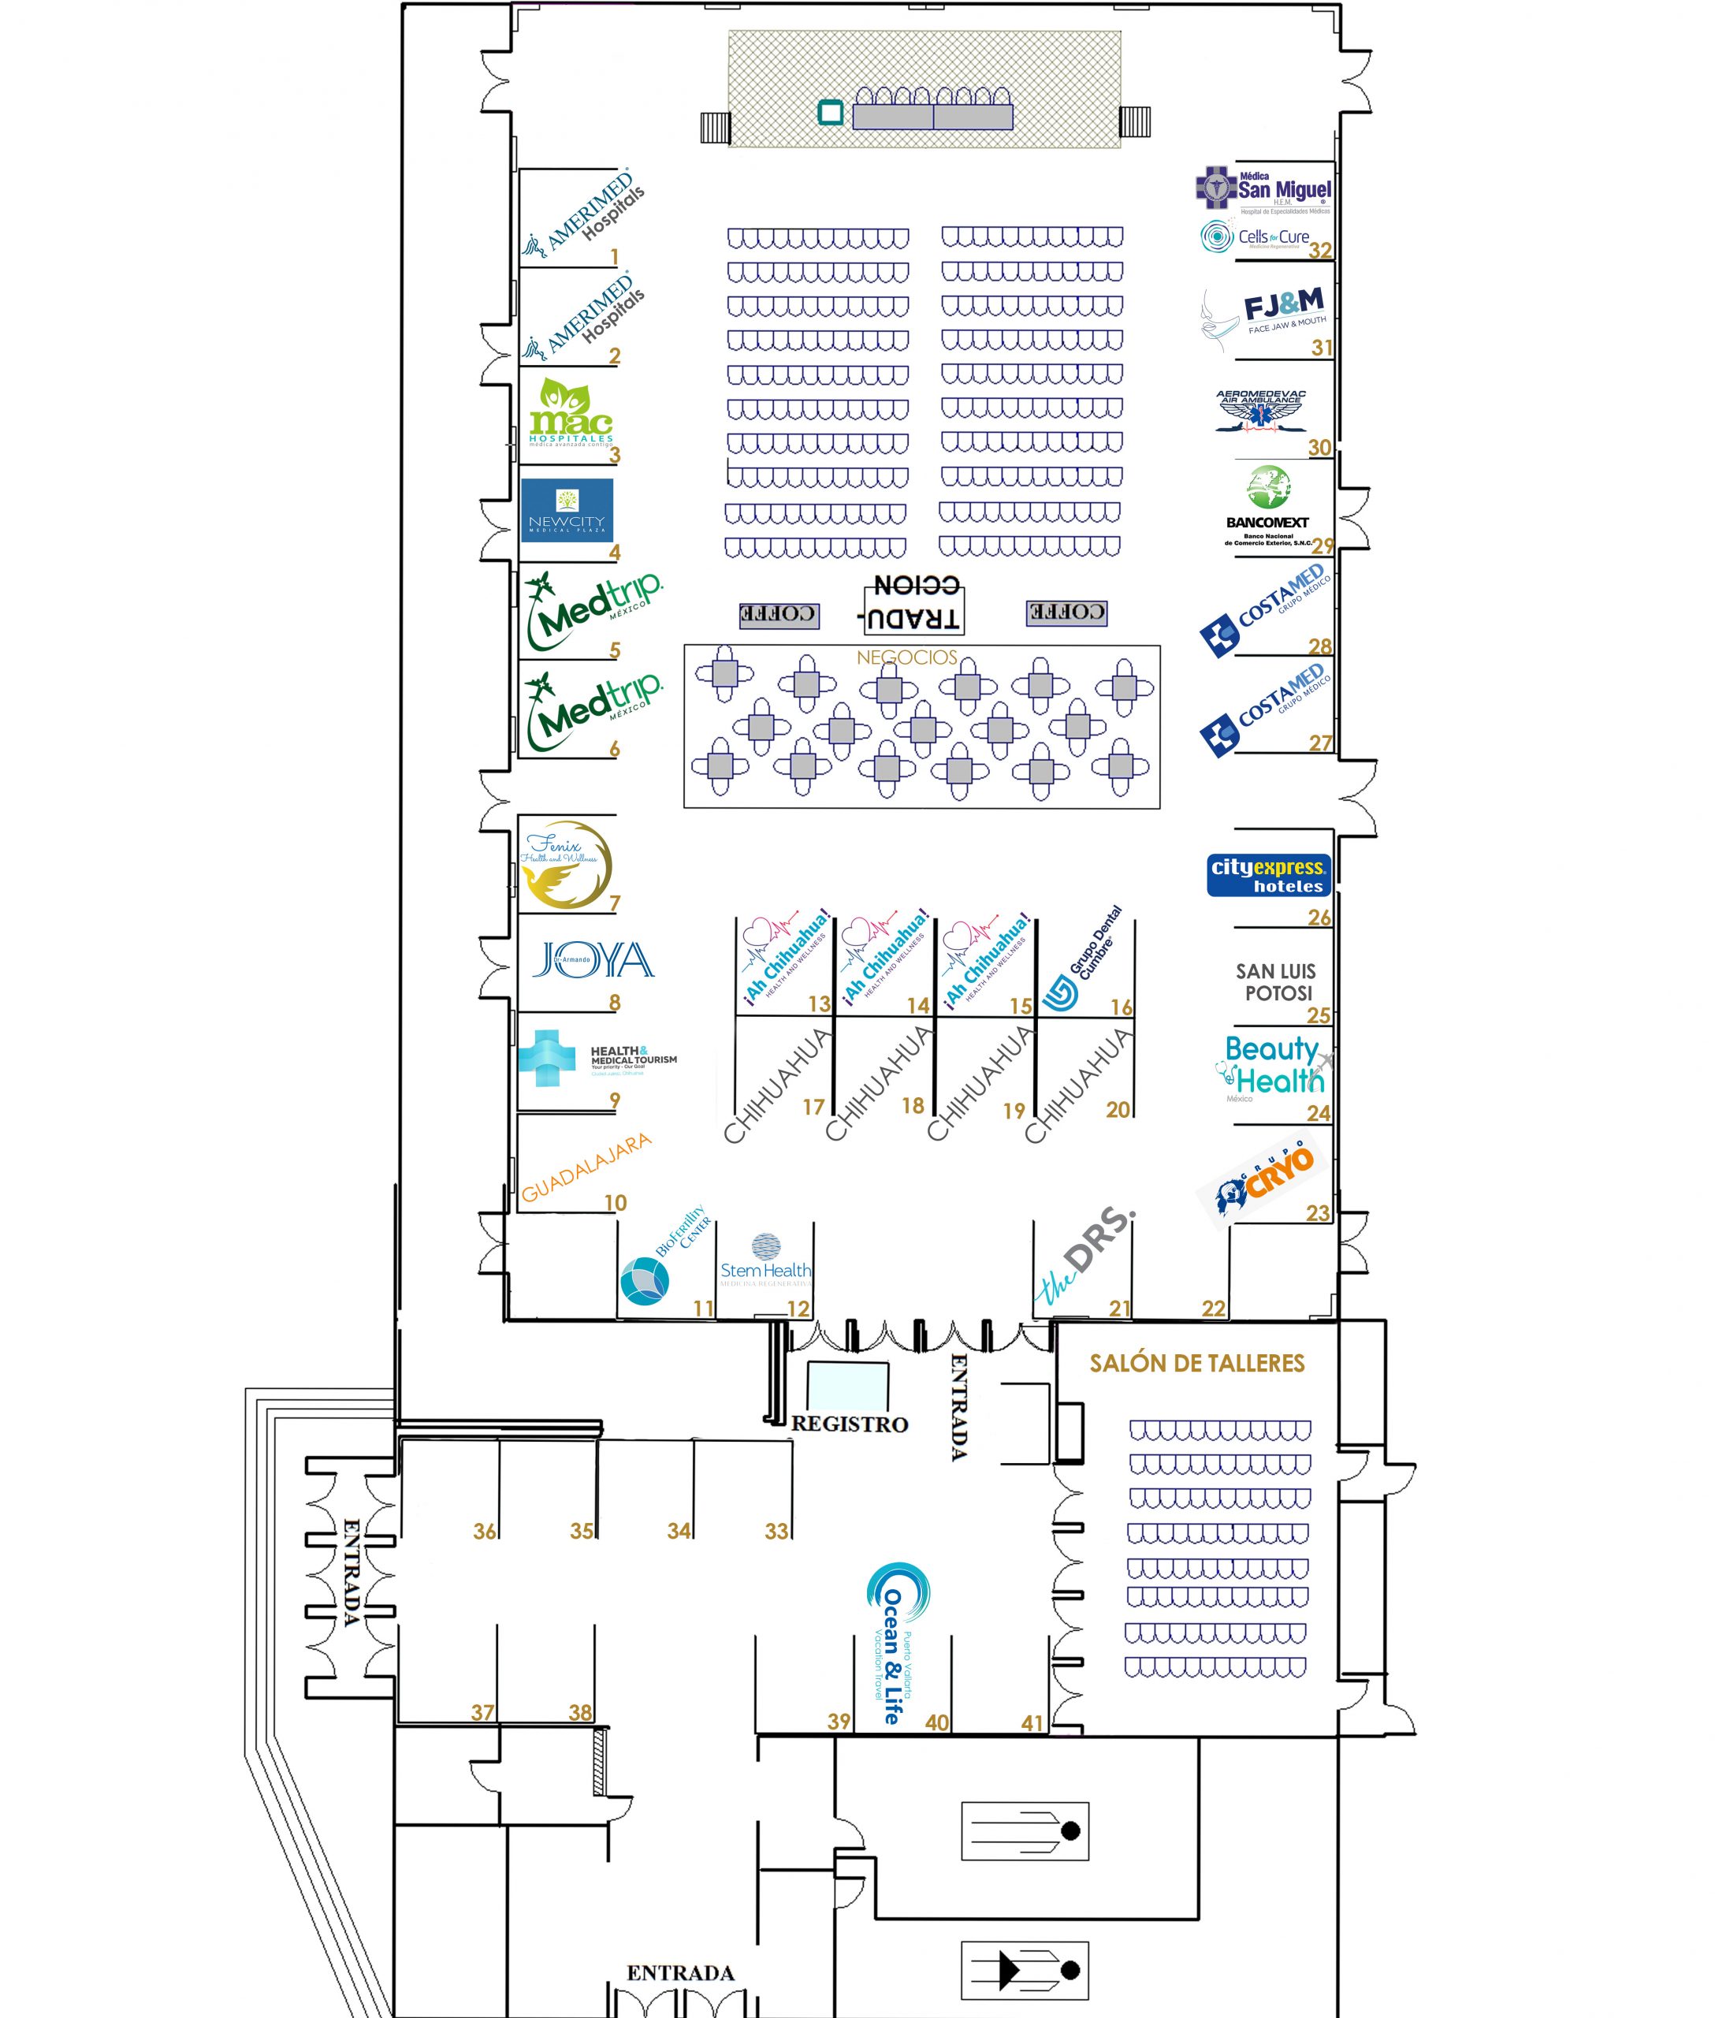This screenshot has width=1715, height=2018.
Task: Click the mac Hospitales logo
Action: coord(571,412)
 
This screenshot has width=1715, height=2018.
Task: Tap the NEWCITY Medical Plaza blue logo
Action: coord(567,509)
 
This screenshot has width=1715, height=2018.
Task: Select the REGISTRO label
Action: coord(849,1424)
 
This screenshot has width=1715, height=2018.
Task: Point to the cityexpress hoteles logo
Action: coord(1268,874)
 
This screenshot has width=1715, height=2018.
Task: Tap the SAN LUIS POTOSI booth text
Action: coord(1277,981)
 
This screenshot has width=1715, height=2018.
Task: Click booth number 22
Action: coord(1213,1308)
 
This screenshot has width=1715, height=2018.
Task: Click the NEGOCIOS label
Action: coord(906,657)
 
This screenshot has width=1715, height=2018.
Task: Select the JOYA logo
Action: coord(593,960)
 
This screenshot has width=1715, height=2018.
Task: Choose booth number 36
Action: coord(484,1531)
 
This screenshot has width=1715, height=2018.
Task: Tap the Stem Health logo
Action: coord(765,1260)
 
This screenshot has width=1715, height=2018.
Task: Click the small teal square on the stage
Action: coord(830,113)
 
